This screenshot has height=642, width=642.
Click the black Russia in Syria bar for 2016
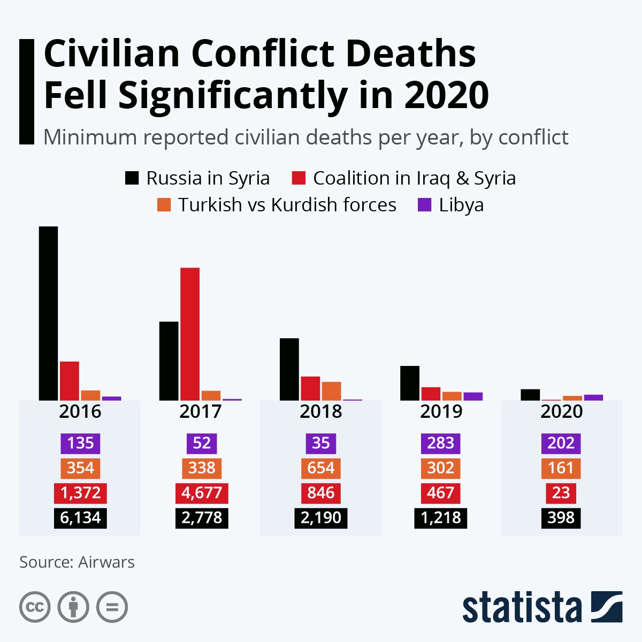[48, 313]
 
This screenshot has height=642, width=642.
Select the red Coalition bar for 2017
[190, 334]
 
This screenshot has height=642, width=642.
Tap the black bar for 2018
[289, 369]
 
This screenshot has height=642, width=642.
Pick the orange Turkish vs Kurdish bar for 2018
[332, 391]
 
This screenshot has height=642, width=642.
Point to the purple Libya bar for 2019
[473, 396]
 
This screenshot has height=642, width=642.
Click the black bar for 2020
[530, 395]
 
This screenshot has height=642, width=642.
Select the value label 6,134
[80, 518]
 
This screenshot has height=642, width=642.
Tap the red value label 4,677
[202, 493]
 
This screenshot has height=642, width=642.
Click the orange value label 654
[321, 468]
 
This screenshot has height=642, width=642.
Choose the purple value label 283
[441, 443]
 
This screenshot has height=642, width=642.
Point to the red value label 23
[561, 493]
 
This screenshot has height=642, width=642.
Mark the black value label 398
[561, 518]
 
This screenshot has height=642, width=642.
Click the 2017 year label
[201, 411]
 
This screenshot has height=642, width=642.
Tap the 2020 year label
[561, 411]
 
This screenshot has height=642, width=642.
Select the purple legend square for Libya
[424, 205]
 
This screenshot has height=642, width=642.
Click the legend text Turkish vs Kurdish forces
[287, 205]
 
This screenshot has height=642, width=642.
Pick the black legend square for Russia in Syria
[132, 178]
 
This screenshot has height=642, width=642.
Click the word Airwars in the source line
[106, 562]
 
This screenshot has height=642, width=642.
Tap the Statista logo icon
[607, 607]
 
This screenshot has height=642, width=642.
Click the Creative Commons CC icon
[35, 607]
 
